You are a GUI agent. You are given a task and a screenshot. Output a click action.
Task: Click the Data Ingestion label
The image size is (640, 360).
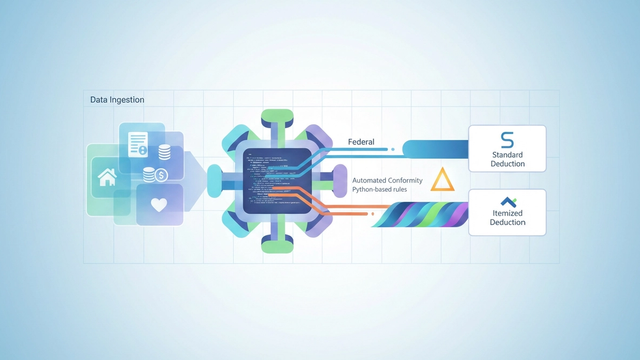click(117, 100)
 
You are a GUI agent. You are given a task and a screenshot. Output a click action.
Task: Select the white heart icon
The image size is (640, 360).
click(158, 205)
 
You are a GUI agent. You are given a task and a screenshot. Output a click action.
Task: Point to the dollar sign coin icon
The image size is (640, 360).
click(161, 175)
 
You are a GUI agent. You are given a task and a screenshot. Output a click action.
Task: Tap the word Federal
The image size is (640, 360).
click(361, 142)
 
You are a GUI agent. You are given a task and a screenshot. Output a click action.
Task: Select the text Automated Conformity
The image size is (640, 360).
click(387, 179)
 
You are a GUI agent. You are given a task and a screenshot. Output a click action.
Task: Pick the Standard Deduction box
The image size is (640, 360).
click(507, 147)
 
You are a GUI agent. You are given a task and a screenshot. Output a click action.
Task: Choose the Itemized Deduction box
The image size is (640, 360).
click(507, 211)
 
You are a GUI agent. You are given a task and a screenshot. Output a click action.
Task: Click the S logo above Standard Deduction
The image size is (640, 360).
click(507, 139)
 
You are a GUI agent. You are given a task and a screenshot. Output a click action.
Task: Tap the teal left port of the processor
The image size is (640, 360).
click(214, 180)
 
